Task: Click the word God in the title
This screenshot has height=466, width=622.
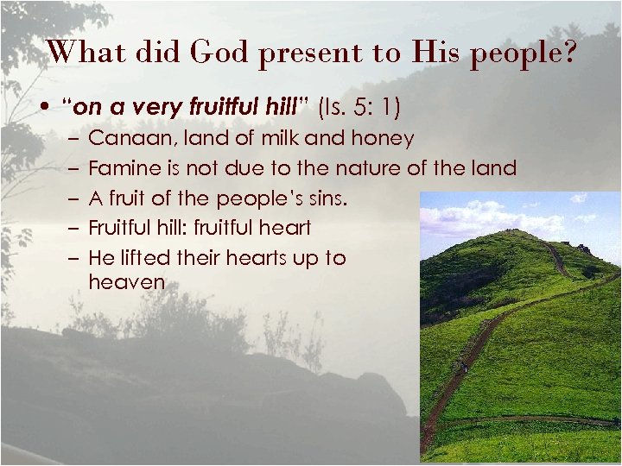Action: (220, 52)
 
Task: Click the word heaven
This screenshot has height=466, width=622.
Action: (126, 281)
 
